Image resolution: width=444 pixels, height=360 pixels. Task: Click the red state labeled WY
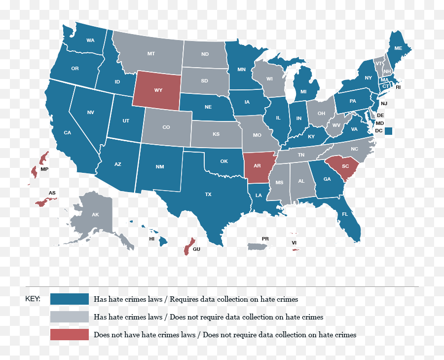[158, 90]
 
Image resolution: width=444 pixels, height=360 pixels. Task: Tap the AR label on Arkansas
[257, 166]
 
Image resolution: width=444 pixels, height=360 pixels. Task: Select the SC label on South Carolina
[345, 166]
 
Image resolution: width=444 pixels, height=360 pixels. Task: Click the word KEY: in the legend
[33, 299]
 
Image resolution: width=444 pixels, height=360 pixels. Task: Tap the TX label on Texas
[208, 195]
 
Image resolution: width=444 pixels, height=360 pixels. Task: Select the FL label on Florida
[345, 214]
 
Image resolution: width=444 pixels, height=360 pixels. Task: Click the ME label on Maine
[398, 48]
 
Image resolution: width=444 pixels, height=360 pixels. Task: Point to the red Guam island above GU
[187, 246]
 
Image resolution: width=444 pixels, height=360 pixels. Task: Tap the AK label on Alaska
[95, 215]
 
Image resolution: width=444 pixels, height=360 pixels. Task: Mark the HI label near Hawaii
[152, 239]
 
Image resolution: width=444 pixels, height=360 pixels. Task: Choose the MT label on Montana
[151, 53]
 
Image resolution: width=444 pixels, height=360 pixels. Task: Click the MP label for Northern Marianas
[44, 169]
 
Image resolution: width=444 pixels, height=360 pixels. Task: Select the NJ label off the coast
[384, 103]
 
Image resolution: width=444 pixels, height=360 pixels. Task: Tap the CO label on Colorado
[166, 127]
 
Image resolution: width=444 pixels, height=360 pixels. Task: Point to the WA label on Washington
[90, 40]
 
